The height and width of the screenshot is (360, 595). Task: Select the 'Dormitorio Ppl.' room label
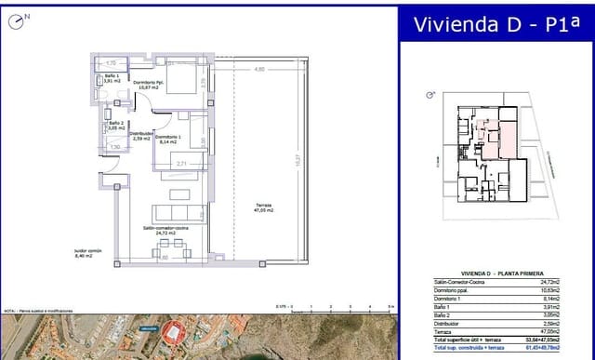149,86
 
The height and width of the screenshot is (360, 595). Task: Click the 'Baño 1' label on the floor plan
110,79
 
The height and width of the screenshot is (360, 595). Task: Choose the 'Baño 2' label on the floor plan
114,126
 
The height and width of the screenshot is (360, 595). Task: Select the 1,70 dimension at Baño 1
112,62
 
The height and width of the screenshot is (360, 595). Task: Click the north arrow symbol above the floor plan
23,16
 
